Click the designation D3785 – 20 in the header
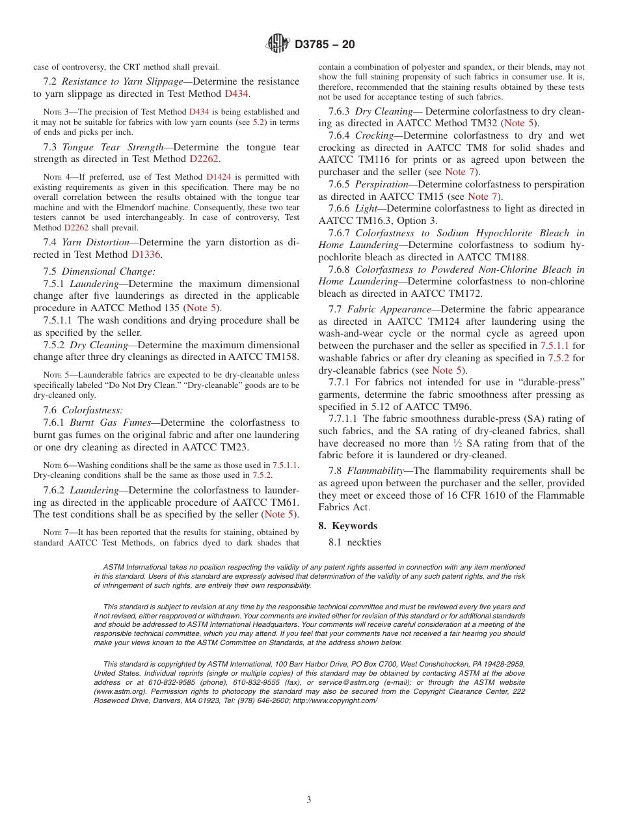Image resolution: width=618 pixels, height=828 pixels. coord(325,45)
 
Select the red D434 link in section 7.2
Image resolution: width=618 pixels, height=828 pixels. coord(236,94)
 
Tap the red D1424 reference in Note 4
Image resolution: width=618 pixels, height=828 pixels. coord(218,176)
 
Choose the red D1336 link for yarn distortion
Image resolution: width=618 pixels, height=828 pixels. coord(146,255)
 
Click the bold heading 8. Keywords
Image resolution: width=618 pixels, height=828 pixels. coord(347,525)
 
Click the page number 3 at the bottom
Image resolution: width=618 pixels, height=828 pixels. coord(309,799)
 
